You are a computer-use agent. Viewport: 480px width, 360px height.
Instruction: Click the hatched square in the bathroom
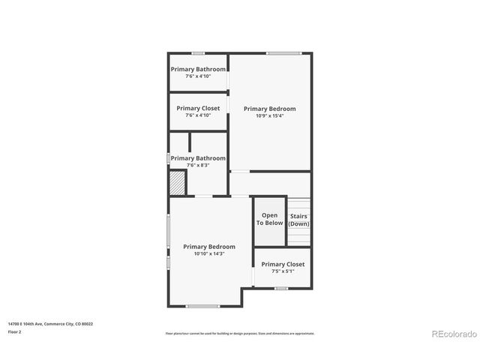click(177, 183)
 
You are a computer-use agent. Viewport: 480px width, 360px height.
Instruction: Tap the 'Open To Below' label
click(270, 219)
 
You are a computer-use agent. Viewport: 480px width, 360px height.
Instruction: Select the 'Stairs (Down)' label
click(299, 220)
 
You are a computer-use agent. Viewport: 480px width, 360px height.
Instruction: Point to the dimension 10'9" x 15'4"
click(270, 115)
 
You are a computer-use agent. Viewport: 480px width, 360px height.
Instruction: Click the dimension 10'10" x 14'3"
click(209, 253)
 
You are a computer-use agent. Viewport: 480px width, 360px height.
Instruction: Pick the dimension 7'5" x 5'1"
click(283, 271)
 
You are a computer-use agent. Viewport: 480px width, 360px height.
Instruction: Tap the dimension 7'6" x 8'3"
click(198, 165)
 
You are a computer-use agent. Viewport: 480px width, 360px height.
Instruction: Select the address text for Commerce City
click(50, 324)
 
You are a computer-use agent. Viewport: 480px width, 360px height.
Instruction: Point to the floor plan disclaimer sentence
click(240, 334)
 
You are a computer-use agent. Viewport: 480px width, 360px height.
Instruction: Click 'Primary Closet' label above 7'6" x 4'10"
click(199, 108)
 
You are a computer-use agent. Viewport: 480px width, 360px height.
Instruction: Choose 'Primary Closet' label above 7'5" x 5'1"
click(283, 264)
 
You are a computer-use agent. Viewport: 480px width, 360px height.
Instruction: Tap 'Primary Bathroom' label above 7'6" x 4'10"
click(198, 69)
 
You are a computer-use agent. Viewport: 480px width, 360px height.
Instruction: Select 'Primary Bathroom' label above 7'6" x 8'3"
click(198, 158)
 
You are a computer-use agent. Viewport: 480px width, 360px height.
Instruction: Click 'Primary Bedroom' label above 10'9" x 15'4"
click(270, 109)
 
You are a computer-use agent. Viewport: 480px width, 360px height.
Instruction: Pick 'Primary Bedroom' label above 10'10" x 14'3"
click(209, 247)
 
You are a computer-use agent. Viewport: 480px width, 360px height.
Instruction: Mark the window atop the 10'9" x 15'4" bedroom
click(284, 52)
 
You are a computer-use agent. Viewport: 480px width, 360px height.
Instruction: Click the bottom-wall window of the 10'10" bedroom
click(202, 306)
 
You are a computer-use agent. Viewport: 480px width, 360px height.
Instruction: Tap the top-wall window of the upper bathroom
click(198, 52)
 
